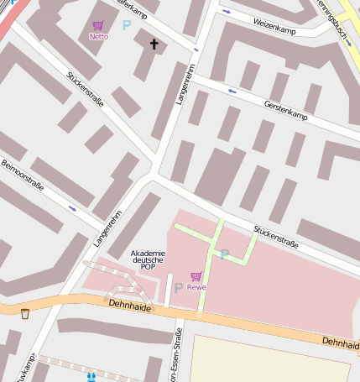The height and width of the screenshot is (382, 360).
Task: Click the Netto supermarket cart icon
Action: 98,26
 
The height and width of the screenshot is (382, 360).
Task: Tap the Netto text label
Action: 98,36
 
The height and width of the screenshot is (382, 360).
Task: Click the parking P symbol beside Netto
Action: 127,25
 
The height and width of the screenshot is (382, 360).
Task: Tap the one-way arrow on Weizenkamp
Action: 227,13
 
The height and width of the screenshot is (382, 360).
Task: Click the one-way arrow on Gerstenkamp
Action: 232,90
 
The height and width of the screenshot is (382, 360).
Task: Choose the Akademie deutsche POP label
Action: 149,259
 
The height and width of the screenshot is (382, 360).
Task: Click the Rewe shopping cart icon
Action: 196,276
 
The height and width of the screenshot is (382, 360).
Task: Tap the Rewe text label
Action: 196,287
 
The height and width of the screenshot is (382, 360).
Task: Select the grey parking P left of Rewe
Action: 178,288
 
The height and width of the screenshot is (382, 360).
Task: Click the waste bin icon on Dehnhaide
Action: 25,313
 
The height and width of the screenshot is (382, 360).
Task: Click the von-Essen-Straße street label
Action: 178,353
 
